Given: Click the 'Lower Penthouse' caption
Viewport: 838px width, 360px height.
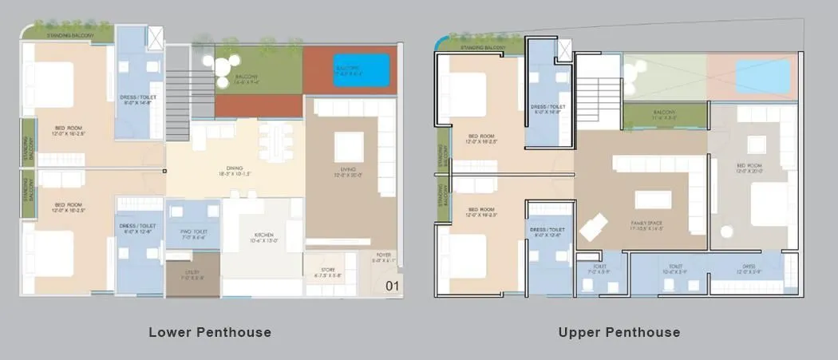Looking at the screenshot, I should [210, 332].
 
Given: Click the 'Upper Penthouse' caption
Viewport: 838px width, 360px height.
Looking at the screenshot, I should [619, 332].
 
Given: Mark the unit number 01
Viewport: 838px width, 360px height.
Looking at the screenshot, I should [391, 286].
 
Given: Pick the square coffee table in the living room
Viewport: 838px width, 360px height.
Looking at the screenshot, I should [349, 146].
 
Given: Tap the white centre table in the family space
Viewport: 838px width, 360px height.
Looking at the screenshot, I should [653, 199].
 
